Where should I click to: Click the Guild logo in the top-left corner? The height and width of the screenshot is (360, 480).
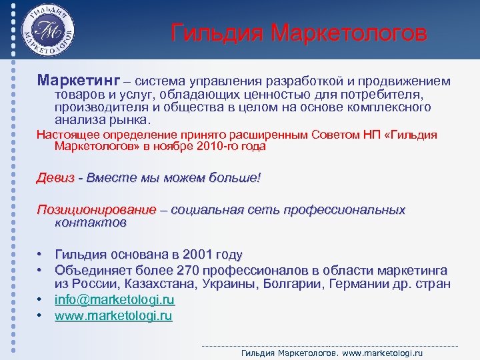[47, 31]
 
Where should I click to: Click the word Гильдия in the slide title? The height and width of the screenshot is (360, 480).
[213, 33]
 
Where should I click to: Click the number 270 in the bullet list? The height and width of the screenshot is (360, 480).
[188, 270]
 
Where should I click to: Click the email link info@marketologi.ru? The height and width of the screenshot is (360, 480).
[114, 301]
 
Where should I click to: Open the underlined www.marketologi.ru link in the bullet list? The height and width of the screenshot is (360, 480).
[113, 316]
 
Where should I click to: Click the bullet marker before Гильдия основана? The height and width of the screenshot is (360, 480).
[41, 255]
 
